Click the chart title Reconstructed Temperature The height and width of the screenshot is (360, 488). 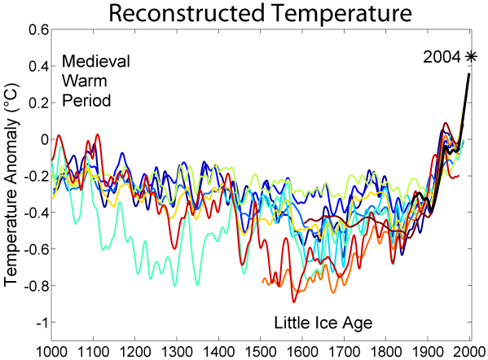click(x=260, y=13)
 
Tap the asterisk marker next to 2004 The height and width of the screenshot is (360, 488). click(x=471, y=56)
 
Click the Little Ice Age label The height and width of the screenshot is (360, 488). click(x=323, y=323)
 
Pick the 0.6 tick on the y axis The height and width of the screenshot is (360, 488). click(x=37, y=29)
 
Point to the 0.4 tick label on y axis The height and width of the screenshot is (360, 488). click(x=37, y=66)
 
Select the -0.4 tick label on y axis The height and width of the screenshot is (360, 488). click(x=35, y=213)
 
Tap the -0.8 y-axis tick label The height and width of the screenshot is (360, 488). click(x=35, y=286)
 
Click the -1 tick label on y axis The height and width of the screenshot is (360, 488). click(x=40, y=323)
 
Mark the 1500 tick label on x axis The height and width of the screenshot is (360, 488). click(x=261, y=350)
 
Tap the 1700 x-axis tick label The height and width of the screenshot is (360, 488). click(x=344, y=350)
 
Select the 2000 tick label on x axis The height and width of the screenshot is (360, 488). click(x=468, y=350)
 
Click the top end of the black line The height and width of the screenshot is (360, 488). click(x=469, y=74)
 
